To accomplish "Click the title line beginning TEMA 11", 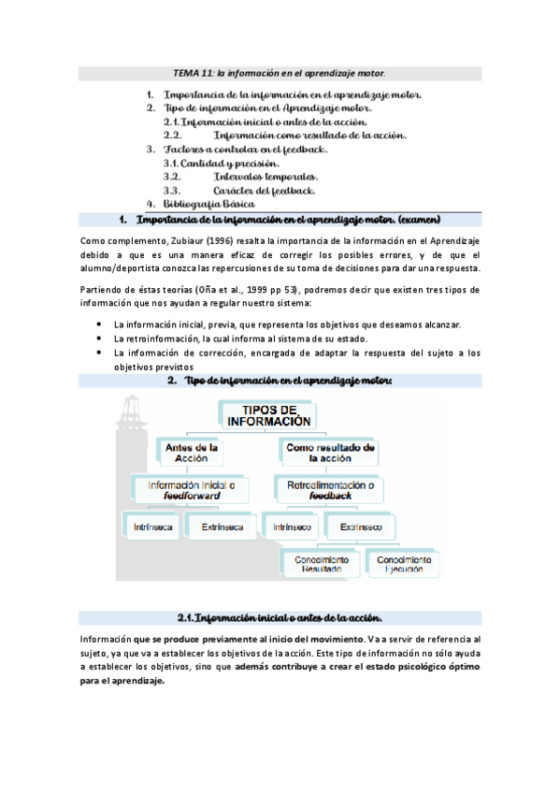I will point(280,73).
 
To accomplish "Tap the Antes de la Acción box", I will point(191,453).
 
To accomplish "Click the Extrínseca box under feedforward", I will point(223,527).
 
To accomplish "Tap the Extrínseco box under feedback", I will point(361,527).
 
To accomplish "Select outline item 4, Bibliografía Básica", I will point(208,203).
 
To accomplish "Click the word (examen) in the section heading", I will point(418,220).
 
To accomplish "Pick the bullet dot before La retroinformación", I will point(100,339).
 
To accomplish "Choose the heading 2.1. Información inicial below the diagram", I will point(279,617).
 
